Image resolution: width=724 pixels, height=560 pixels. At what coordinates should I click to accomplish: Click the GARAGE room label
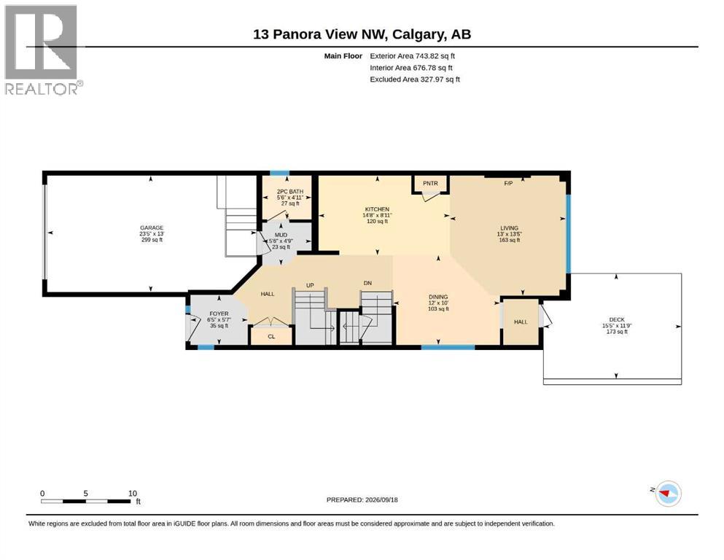point(152,227)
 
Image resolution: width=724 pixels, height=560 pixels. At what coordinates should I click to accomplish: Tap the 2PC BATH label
point(290,192)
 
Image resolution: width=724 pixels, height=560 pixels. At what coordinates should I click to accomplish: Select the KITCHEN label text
point(377,209)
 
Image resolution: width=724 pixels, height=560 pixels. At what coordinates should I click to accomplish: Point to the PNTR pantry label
point(430,183)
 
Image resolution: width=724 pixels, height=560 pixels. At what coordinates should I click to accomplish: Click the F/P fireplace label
point(508,183)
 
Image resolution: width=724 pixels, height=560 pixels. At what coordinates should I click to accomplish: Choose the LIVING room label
point(510,228)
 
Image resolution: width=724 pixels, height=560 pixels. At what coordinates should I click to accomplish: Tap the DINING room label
point(438,297)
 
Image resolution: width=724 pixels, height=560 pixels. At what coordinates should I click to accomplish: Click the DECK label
point(617,319)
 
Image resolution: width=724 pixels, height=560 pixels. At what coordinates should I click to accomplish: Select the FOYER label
point(219,314)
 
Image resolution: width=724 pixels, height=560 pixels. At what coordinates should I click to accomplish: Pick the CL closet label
point(271,337)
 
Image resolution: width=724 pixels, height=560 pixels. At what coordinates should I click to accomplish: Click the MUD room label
point(281,235)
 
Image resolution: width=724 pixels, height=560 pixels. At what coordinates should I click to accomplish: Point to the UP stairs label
point(310,285)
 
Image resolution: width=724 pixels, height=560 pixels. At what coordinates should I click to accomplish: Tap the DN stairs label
point(367,283)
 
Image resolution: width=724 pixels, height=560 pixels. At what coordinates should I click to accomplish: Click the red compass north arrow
point(665,494)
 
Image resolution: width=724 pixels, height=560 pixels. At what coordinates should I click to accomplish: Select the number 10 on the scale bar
point(133,493)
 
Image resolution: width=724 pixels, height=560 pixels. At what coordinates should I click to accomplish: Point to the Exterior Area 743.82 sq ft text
point(413,56)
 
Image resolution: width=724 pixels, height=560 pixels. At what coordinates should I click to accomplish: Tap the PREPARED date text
point(362,499)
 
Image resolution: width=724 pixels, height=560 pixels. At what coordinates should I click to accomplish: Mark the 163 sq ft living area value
point(510,240)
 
